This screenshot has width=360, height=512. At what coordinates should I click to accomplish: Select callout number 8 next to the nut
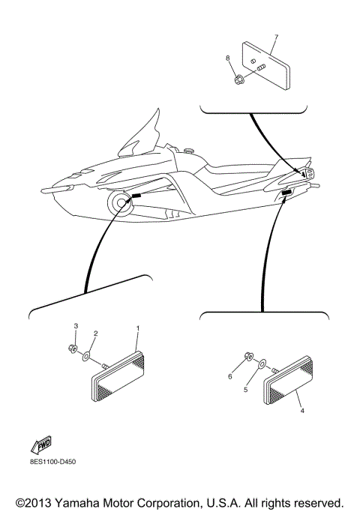pos(227,57)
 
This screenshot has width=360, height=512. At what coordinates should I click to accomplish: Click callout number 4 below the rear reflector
pos(302,411)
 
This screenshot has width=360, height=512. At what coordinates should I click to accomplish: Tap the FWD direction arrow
pos(40,445)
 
